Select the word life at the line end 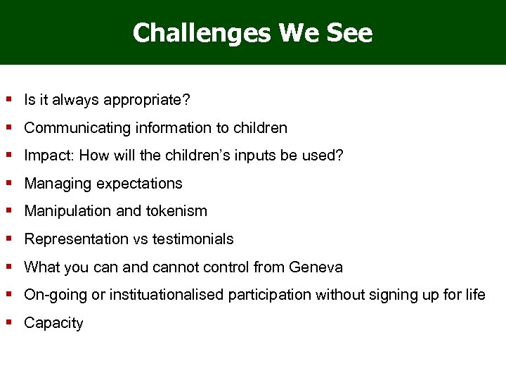475,295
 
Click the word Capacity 53,323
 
